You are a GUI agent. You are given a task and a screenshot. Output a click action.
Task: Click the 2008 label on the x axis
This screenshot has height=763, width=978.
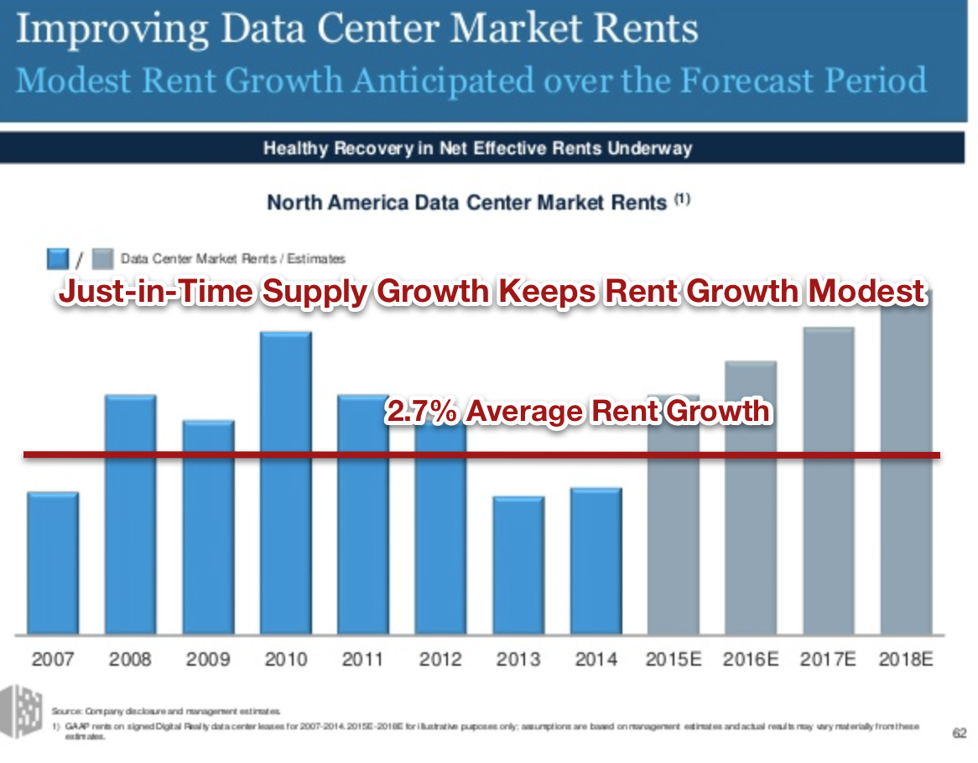(130, 659)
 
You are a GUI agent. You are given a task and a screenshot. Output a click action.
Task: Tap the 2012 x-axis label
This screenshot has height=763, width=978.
(440, 659)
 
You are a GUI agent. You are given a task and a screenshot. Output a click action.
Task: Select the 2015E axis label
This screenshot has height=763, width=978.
(674, 659)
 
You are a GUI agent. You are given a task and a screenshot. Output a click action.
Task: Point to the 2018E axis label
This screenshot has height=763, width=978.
(906, 659)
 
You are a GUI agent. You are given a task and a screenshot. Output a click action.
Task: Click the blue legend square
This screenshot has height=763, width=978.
(58, 258)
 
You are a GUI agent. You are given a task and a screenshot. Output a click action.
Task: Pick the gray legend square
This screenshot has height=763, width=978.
(101, 258)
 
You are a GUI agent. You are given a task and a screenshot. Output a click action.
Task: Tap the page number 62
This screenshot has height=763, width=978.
(959, 733)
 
